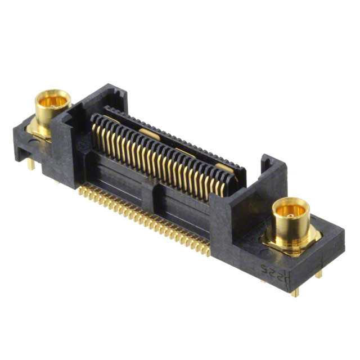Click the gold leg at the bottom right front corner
click(294, 292)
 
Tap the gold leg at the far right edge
click(319, 274)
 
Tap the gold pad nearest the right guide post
click(223, 167)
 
